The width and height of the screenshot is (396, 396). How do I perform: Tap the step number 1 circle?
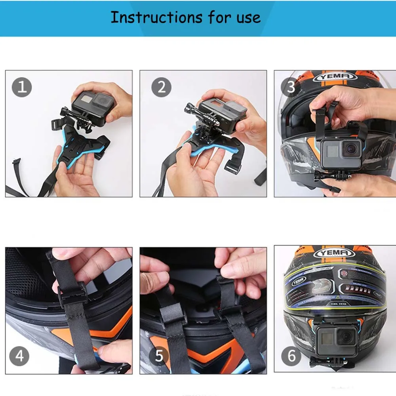(22, 87)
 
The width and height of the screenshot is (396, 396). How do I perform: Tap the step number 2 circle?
(161, 87)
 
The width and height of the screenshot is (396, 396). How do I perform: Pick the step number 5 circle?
(159, 356)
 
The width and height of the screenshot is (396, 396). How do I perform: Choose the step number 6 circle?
(291, 356)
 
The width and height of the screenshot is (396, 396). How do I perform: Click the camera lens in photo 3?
(351, 148)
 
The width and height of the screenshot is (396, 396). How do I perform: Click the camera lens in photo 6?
(347, 337)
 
